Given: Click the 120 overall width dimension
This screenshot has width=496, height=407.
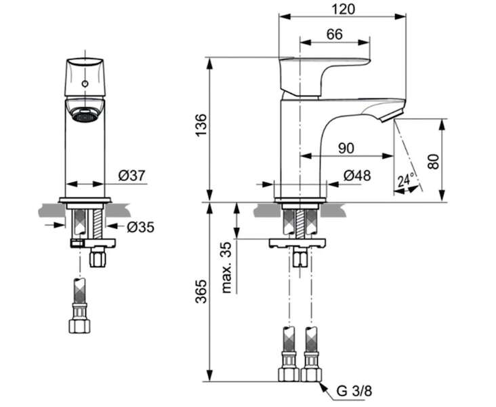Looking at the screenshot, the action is click(344, 9).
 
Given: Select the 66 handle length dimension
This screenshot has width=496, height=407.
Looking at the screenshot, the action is click(334, 34).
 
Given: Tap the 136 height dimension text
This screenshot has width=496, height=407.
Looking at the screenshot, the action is click(201, 125).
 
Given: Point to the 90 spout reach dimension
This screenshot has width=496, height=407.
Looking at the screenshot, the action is click(346, 149).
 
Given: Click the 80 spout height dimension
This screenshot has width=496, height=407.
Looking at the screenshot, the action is click(434, 161).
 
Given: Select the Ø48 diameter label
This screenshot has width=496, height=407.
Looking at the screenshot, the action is click(357, 176).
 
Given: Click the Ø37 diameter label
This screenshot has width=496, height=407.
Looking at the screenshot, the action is click(132, 176).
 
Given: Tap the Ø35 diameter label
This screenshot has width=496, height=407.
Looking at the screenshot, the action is click(141, 227).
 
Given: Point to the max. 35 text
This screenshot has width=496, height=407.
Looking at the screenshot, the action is click(227, 268).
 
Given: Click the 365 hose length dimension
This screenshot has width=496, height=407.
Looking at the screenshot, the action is click(201, 292).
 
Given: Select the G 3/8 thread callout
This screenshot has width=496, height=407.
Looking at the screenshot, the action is click(354, 391).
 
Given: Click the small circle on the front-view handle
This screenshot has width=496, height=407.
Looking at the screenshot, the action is click(85, 83).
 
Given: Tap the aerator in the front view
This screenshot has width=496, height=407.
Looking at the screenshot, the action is click(85, 115).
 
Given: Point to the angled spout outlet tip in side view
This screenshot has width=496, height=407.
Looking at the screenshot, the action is click(392, 115).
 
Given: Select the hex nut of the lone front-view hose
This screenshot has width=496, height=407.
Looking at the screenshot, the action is click(79, 326).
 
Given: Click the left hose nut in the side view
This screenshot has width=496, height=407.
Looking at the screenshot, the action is click(289, 374).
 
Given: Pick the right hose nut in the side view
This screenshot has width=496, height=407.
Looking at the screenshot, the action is click(311, 374).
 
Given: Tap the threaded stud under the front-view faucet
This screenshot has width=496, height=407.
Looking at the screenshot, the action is click(99, 225).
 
